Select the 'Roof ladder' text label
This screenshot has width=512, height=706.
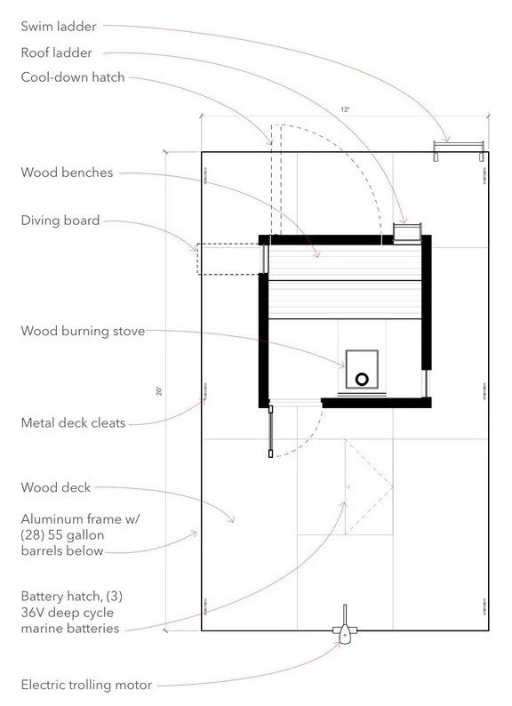56,52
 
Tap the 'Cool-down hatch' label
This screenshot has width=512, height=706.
73,77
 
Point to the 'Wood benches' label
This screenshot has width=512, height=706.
67,172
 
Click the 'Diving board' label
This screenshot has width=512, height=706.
60,221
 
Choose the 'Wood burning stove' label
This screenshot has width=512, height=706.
83,332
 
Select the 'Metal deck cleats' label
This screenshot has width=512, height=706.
73,423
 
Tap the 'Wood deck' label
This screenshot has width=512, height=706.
55,487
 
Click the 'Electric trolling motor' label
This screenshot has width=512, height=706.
86,685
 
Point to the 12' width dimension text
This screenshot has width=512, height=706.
345,109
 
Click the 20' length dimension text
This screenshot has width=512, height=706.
159,390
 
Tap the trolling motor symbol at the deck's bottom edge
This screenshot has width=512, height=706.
345,631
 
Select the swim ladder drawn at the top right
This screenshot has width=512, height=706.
458,148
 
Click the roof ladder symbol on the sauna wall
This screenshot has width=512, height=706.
407,233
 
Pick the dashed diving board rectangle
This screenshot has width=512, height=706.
228,258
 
